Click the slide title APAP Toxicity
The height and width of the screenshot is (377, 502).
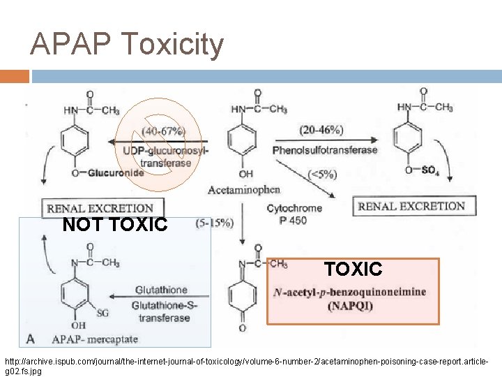click(127, 45)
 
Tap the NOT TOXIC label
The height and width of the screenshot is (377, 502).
click(114, 225)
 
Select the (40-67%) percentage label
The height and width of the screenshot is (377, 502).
click(163, 131)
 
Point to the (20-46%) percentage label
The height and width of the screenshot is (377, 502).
click(321, 130)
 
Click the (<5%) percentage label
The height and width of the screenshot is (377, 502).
click(322, 175)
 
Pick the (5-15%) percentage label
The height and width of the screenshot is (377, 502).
click(215, 223)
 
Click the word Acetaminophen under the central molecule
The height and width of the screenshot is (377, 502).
click(244, 189)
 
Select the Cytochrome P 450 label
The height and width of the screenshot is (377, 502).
click(294, 214)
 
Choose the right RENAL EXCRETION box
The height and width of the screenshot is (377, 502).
click(411, 206)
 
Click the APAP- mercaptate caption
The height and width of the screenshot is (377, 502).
click(95, 339)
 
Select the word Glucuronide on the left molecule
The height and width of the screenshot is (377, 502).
click(116, 173)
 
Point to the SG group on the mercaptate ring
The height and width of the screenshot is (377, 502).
click(102, 313)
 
